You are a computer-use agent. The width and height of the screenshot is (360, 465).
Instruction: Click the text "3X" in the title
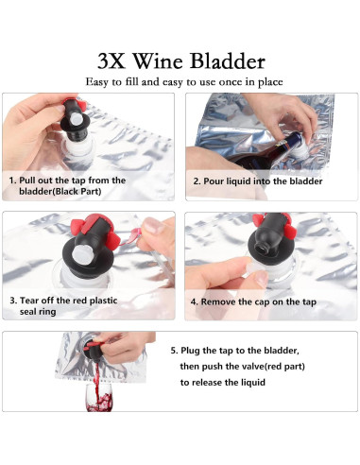pos(111,60)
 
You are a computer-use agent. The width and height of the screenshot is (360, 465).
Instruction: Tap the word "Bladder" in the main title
pos(228,60)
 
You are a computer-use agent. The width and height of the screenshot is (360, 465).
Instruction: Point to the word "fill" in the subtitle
pos(131,81)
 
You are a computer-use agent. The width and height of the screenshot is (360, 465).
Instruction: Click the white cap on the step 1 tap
pos(77,119)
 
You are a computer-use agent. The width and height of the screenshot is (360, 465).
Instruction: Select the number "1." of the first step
pos(12,181)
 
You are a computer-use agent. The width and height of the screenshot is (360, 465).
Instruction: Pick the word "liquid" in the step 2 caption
pos(239,181)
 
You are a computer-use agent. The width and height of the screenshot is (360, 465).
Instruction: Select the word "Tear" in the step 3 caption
pos(27,301)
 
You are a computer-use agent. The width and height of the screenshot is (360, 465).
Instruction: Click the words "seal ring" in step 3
pos(38,312)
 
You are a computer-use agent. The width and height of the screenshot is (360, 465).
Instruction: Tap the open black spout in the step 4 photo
pos(261,250)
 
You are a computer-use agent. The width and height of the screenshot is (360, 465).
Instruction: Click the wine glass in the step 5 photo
pos(99,398)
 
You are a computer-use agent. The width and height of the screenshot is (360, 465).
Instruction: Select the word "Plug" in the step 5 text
pos(190,351)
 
